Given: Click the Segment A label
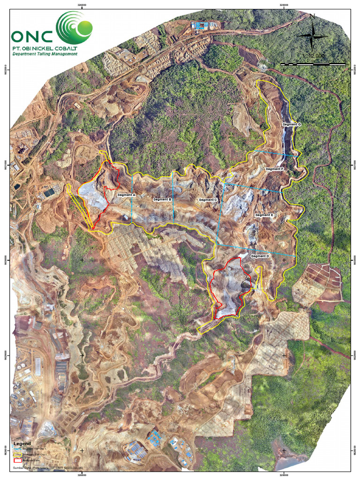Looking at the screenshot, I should click(126, 195).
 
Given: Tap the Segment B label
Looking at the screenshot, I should click(162, 200).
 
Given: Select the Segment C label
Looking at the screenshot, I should click(208, 200).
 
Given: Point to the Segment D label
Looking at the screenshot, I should click(260, 256).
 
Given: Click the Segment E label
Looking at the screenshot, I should click(264, 215).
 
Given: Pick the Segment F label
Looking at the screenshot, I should click(275, 169).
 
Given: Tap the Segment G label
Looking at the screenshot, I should click(292, 125).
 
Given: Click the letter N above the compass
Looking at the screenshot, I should click(312, 17).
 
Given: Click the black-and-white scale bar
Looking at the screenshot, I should click(313, 63).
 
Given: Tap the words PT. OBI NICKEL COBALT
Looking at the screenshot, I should click(45, 48).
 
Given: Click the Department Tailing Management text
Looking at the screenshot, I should click(45, 54).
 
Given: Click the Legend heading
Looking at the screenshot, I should click(22, 443).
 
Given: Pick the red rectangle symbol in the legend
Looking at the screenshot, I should click(18, 461).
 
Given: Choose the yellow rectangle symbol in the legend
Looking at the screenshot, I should click(18, 455).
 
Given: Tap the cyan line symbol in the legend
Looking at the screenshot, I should click(18, 449).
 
